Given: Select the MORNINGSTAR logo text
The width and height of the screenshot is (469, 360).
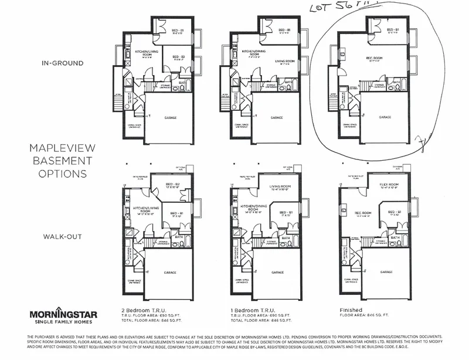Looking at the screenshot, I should tap(64, 314).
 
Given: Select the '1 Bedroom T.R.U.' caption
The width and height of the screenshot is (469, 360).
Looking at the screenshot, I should tap(249, 310).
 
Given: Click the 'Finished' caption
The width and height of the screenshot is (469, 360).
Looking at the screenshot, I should tap(351, 310).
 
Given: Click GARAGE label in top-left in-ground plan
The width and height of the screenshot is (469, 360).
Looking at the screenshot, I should tap(171, 117).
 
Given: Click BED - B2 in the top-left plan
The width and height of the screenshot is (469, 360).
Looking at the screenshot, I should tap(179, 57).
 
